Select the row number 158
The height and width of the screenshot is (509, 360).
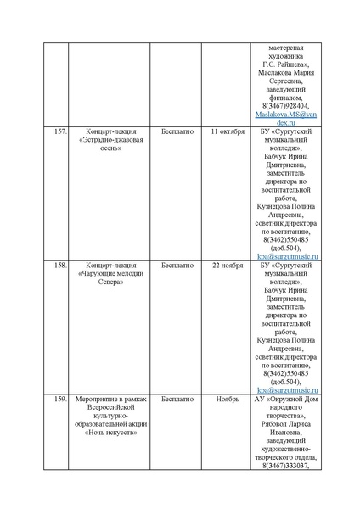click(59, 265)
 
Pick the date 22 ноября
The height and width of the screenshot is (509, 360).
click(227, 265)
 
